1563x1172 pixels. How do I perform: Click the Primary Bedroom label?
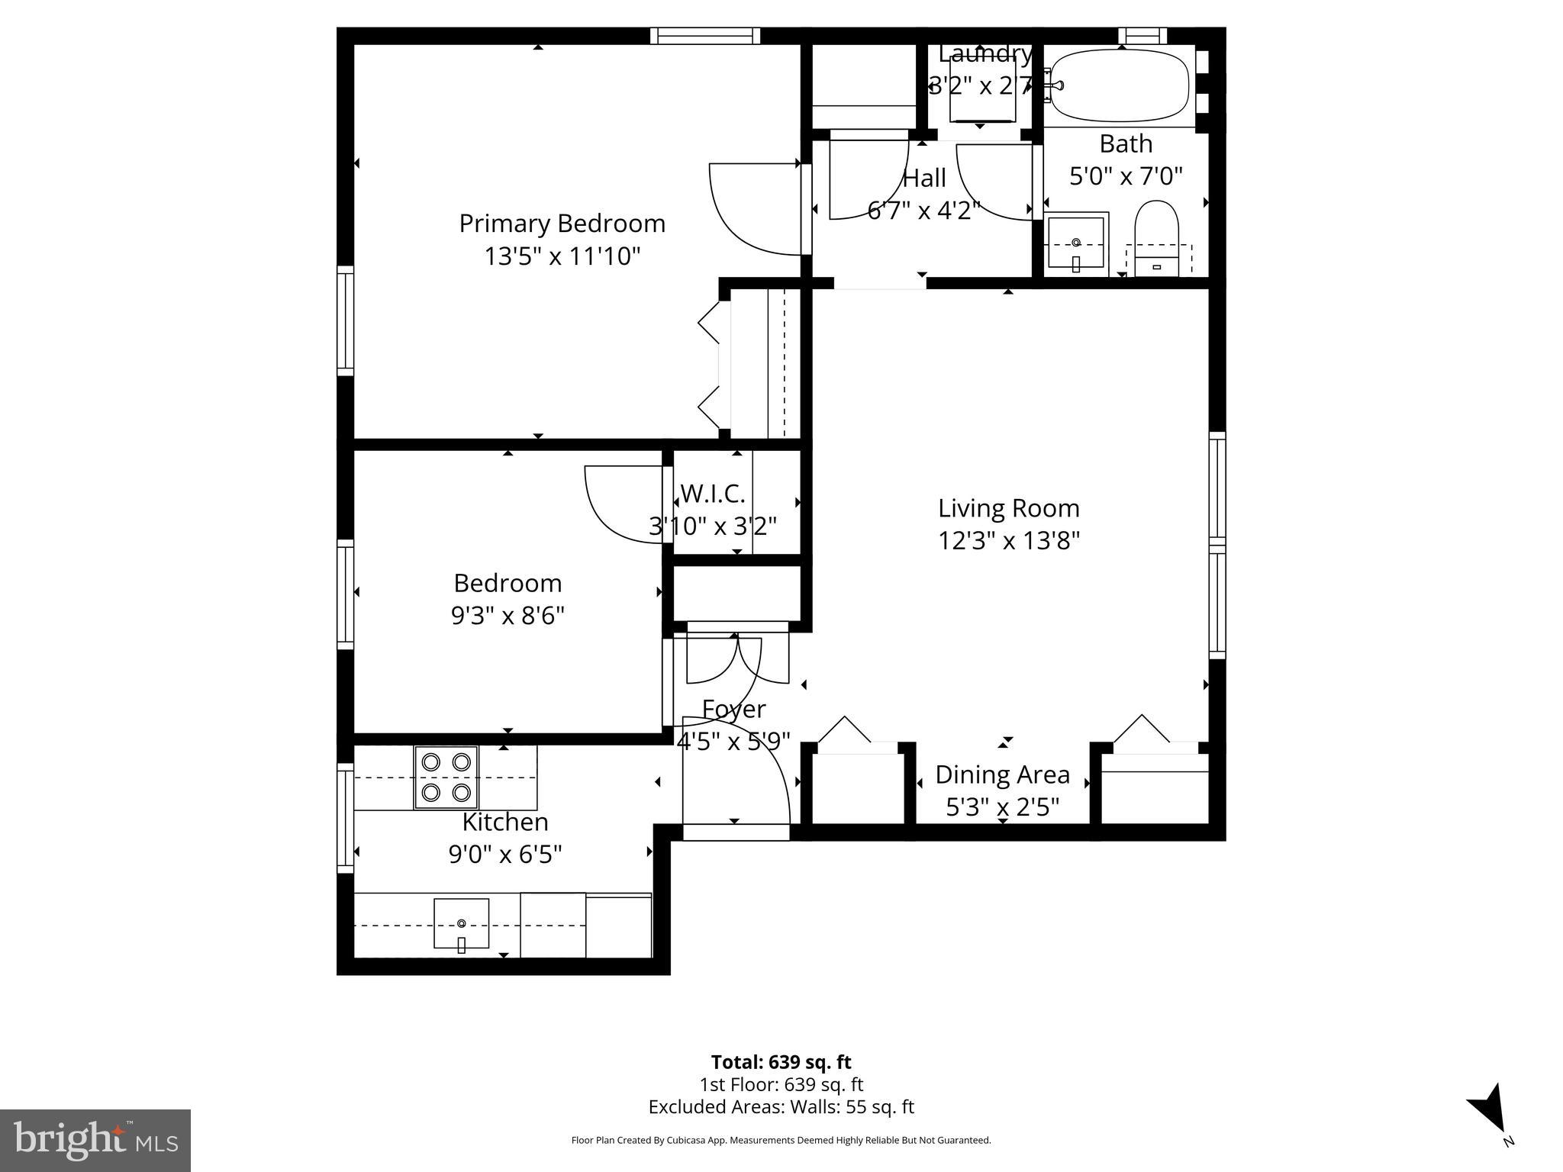tap(562, 224)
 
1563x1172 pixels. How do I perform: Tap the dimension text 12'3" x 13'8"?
tap(1008, 541)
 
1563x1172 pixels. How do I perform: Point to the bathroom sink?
tap(1076, 243)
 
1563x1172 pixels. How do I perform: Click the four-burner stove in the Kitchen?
tap(446, 777)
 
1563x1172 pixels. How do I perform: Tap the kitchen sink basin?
tap(461, 922)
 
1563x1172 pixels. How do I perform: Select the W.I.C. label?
tap(712, 494)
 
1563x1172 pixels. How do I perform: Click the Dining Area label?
tap(1002, 774)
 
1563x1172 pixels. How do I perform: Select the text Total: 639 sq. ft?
tap(781, 1062)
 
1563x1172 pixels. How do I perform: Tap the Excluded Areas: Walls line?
tap(781, 1106)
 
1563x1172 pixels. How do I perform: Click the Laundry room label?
tap(985, 53)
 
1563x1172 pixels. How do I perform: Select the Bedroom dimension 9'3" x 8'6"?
tap(508, 616)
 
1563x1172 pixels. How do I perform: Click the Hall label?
tap(924, 179)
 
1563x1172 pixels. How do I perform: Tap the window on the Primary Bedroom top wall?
tap(705, 36)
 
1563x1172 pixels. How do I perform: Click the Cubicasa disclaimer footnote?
tap(781, 1140)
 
